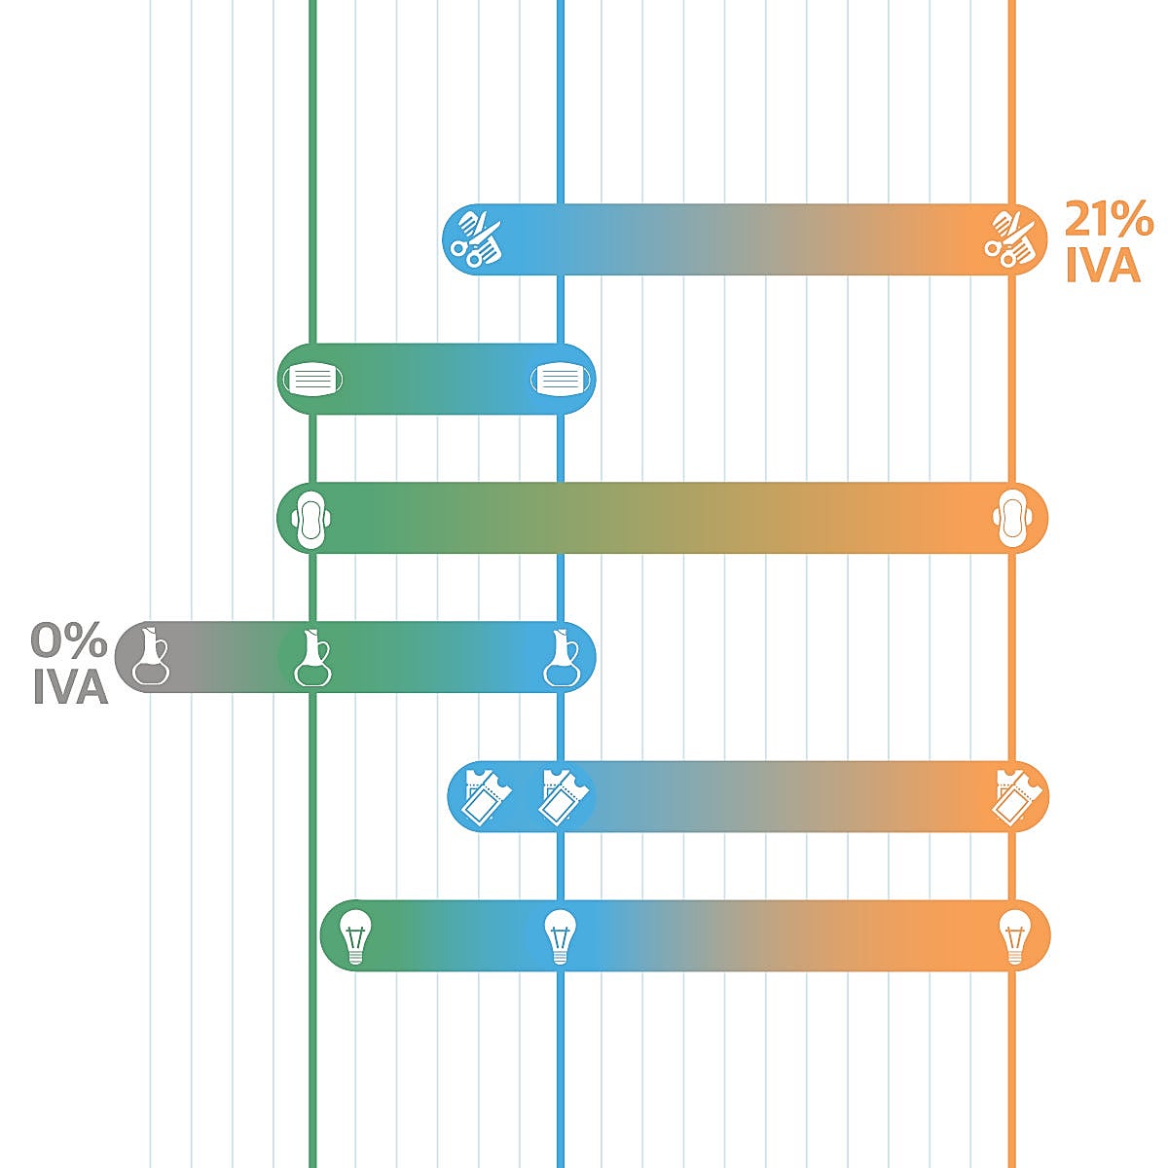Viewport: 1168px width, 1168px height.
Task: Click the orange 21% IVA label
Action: pyautogui.click(x=1108, y=242)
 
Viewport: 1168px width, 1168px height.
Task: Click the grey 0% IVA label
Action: pyautogui.click(x=69, y=664)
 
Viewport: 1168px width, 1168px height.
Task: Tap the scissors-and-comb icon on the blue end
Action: pyautogui.click(x=476, y=238)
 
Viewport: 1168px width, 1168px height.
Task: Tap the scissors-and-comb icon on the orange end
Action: pyautogui.click(x=1010, y=238)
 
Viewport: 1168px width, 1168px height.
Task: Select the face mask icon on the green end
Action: pyautogui.click(x=312, y=379)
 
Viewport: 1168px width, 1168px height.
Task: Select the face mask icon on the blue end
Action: pyautogui.click(x=562, y=379)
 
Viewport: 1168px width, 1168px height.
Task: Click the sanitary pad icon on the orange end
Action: pyautogui.click(x=1012, y=518)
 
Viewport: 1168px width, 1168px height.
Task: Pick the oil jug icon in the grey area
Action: pyautogui.click(x=150, y=657)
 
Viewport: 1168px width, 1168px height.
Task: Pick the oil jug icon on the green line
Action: pyautogui.click(x=311, y=657)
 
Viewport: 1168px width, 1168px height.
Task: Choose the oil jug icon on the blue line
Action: pyautogui.click(x=562, y=657)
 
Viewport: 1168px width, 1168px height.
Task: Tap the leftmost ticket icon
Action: pyautogui.click(x=483, y=796)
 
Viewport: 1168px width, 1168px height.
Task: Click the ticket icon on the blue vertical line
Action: pyautogui.click(x=562, y=796)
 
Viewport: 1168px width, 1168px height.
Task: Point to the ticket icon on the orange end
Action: pyautogui.click(x=1015, y=796)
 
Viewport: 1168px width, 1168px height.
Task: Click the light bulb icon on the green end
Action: pyautogui.click(x=355, y=936)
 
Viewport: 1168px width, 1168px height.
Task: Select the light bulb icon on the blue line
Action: pyautogui.click(x=560, y=936)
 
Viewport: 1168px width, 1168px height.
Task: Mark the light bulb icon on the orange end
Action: pyautogui.click(x=1015, y=936)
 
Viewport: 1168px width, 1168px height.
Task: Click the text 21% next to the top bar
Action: pyautogui.click(x=1108, y=220)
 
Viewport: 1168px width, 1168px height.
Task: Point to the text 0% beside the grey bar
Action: pyautogui.click(x=69, y=640)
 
